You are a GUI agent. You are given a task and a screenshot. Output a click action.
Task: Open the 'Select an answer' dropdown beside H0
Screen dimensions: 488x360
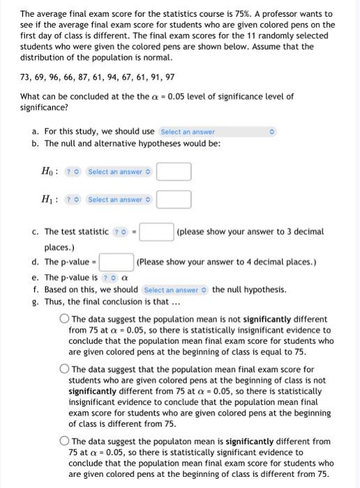(x=118, y=171)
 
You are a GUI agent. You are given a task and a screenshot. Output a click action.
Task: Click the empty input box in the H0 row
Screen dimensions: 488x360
(x=174, y=171)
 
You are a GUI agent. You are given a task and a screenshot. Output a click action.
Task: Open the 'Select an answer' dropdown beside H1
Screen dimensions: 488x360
(x=118, y=199)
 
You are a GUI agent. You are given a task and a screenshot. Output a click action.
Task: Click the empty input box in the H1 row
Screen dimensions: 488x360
(x=174, y=199)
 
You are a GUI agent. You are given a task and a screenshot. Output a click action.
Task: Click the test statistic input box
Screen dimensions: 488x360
(x=160, y=231)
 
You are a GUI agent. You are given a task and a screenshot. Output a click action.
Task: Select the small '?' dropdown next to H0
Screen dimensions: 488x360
(x=73, y=171)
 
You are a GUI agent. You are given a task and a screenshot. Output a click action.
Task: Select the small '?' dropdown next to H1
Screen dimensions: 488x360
(x=73, y=199)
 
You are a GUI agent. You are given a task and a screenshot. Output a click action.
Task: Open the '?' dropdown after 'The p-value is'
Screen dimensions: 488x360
(x=109, y=277)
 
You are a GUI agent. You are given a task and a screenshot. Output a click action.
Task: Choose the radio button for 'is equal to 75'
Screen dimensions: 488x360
(x=63, y=319)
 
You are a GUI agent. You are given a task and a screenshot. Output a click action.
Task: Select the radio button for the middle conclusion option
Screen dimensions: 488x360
(x=63, y=369)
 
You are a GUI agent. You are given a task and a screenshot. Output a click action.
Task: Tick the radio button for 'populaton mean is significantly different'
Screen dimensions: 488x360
(x=63, y=441)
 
